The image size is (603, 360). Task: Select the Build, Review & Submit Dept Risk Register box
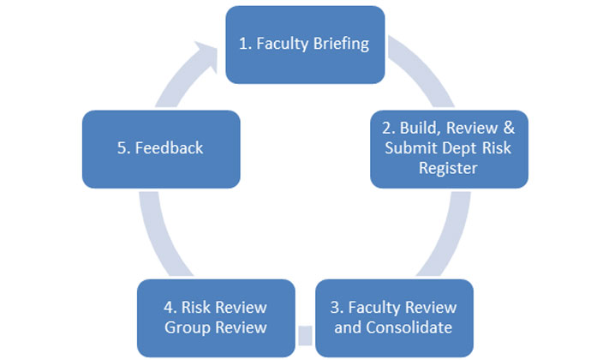[x=449, y=148]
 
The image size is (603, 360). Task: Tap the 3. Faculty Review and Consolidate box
[x=394, y=317]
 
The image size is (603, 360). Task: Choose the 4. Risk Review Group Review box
[x=216, y=317]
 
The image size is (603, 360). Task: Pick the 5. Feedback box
[x=160, y=148]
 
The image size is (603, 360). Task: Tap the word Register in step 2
[x=449, y=169]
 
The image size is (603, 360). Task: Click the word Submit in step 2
[x=408, y=148]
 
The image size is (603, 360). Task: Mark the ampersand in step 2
[x=509, y=128]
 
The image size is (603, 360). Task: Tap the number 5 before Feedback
[x=122, y=148]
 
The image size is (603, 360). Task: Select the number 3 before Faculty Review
[x=336, y=307]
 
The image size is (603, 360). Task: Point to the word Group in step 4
[x=187, y=327]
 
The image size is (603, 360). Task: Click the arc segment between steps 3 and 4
[x=305, y=328]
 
